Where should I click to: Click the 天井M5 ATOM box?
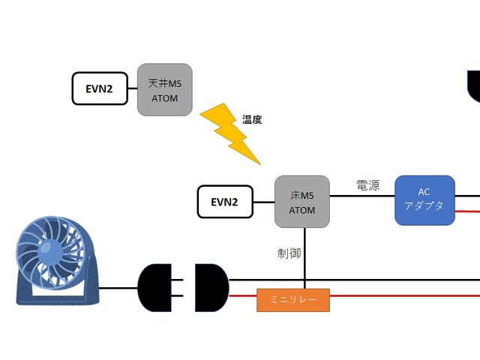[165, 89]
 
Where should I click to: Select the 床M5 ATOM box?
[303, 201]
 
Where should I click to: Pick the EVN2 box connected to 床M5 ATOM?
[225, 201]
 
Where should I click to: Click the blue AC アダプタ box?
[424, 200]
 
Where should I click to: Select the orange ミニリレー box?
[293, 300]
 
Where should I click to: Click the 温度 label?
[252, 119]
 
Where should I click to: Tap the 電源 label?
[367, 184]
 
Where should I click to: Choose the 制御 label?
[289, 253]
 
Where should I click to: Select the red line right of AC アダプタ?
[466, 212]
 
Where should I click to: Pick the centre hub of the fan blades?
[49, 253]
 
